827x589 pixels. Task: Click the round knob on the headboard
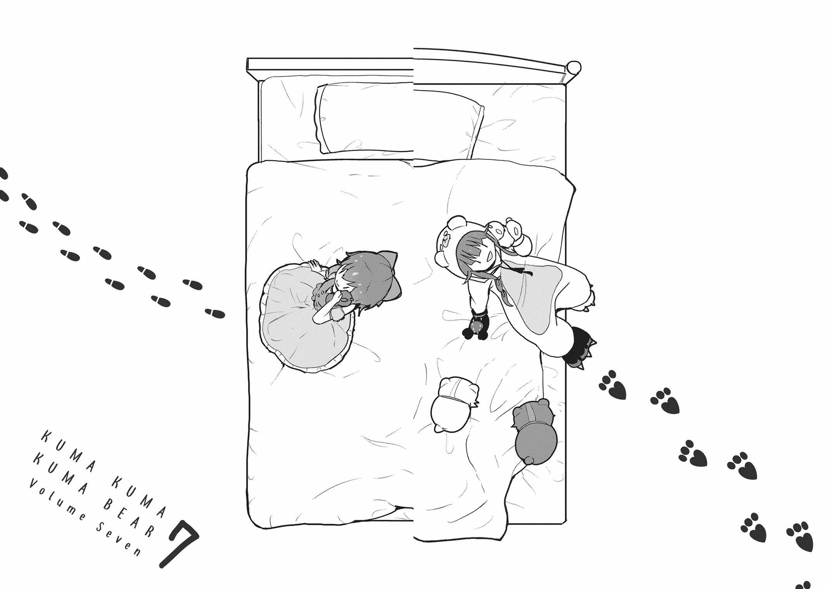(574, 67)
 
